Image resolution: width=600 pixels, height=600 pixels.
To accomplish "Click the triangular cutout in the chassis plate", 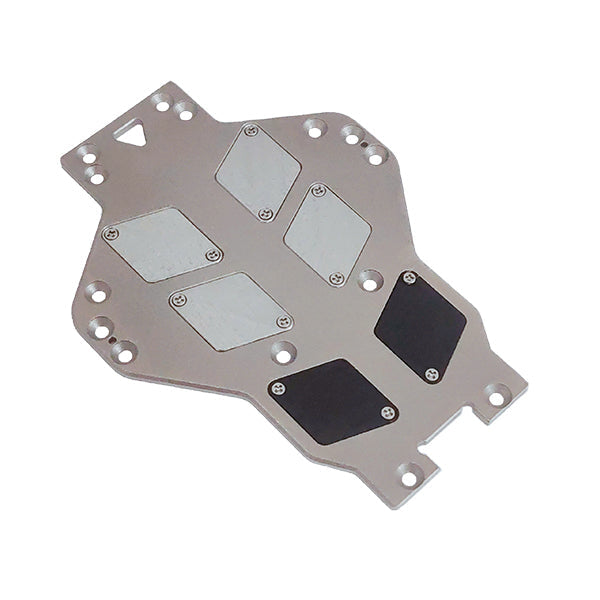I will (x=132, y=133).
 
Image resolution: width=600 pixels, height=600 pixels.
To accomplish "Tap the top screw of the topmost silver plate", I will (x=250, y=131).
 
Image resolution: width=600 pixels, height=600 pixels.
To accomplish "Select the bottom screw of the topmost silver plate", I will (x=266, y=213).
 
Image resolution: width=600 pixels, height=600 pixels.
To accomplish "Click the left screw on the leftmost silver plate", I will (x=111, y=233).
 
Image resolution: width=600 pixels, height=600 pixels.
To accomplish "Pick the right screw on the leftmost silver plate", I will (x=211, y=256).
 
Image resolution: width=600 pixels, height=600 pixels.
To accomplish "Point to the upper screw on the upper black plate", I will (x=408, y=277).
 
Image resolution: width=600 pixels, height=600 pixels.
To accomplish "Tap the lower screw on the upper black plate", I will (x=431, y=374).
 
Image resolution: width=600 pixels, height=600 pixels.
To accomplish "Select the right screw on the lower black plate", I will (x=388, y=412).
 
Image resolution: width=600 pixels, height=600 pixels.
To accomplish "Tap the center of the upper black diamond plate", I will (x=420, y=325).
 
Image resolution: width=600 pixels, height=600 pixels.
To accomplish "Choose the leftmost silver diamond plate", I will (x=161, y=244).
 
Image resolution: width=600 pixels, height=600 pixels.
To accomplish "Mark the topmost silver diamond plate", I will (x=258, y=171).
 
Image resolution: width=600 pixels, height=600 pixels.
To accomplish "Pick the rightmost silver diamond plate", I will (x=327, y=233).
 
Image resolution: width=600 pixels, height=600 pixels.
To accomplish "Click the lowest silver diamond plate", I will (x=231, y=310).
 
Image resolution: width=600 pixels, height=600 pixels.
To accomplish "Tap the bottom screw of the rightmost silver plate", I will (x=337, y=278).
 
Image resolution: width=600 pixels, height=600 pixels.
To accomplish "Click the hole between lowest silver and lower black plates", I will (x=284, y=352).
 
